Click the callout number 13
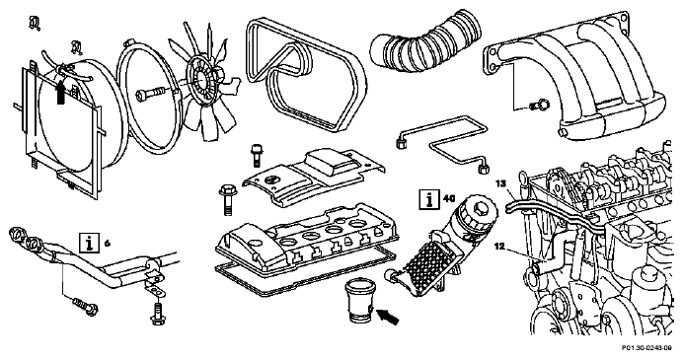tap(501, 183)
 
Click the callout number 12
tap(499, 247)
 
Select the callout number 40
tap(449, 198)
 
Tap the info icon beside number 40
tap(429, 199)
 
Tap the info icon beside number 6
tap(89, 243)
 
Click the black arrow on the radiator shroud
tap(61, 90)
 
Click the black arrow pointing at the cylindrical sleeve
tap(388, 316)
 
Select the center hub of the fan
tap(201, 79)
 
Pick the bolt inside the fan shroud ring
tap(150, 94)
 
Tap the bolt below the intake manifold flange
tap(539, 105)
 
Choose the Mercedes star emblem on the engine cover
tap(271, 179)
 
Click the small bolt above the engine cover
tap(257, 155)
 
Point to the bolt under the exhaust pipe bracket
tap(158, 313)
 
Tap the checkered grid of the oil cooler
tap(424, 263)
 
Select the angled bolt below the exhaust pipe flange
tap(85, 306)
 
